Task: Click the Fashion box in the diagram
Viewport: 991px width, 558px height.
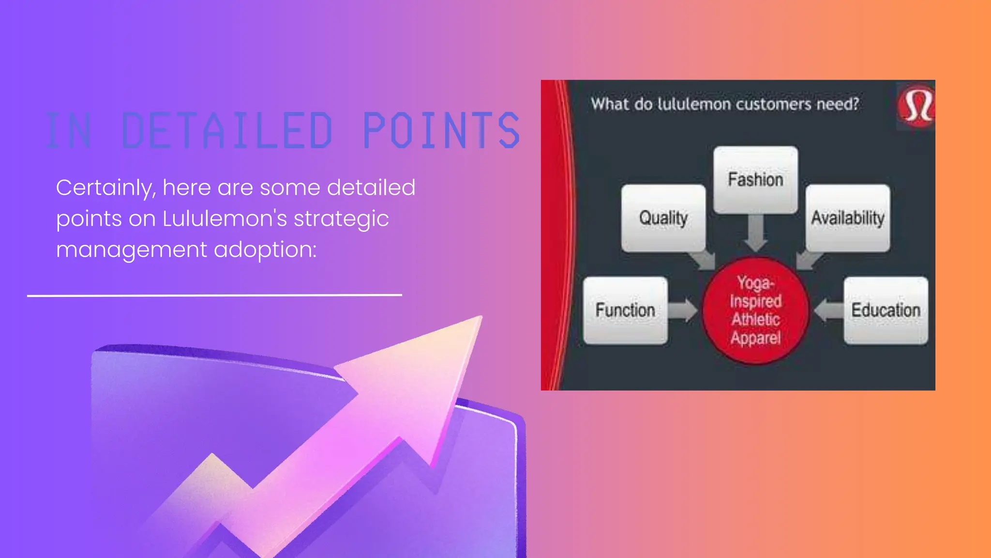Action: tap(755, 180)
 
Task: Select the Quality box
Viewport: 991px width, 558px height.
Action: tap(663, 218)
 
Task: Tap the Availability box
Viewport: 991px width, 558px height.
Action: tap(848, 218)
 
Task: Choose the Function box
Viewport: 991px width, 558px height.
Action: tap(625, 310)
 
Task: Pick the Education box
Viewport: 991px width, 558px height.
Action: tap(886, 310)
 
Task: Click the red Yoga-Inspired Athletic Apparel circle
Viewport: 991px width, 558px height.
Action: tap(755, 310)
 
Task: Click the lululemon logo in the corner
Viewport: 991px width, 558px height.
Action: tap(917, 106)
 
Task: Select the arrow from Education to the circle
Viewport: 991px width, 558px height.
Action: tap(828, 310)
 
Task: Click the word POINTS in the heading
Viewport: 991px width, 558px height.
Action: tap(441, 130)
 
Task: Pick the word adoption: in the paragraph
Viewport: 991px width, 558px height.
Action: tap(265, 250)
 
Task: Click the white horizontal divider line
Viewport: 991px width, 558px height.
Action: tap(214, 294)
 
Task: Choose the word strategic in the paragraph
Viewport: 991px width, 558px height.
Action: tap(341, 218)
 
